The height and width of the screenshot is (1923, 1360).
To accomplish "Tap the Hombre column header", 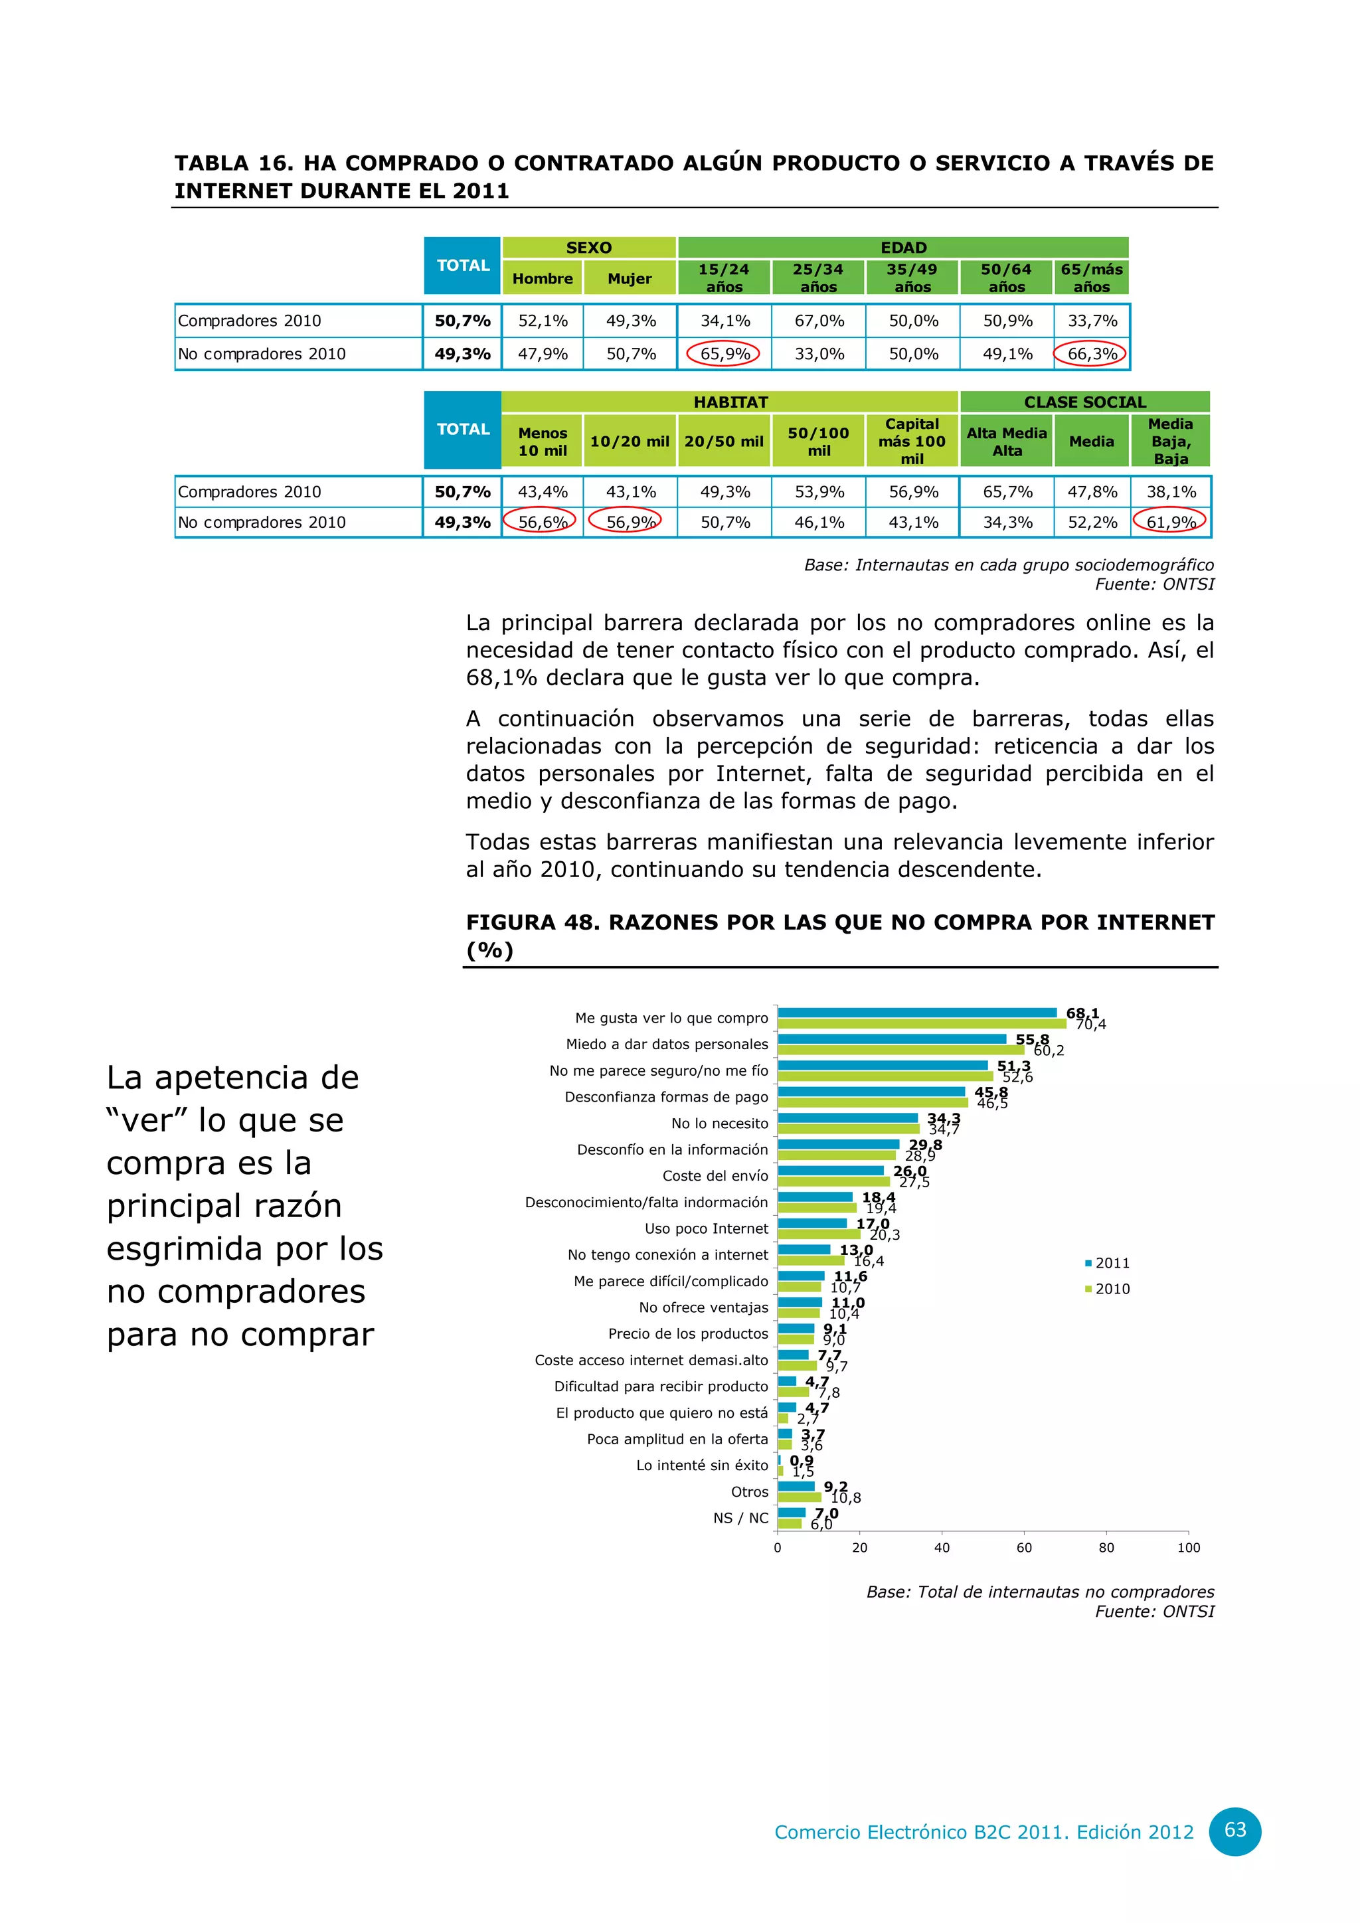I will [543, 279].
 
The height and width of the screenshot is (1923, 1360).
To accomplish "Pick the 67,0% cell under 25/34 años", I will [818, 321].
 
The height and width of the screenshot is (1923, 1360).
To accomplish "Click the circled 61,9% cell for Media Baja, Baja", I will [1170, 522].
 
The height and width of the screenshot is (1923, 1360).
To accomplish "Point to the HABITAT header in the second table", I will [730, 402].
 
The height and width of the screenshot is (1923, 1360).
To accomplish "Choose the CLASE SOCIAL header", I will [1084, 402].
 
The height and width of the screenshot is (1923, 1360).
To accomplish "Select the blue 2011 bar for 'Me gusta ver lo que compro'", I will [917, 1013].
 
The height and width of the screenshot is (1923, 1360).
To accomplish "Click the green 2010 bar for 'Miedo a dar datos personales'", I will [900, 1049].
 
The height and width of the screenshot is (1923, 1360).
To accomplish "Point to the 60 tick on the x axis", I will [1024, 1548].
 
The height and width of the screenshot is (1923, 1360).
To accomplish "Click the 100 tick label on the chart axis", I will [1188, 1548].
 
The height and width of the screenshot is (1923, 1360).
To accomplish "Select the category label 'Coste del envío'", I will [715, 1176].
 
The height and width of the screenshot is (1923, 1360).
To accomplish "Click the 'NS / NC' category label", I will [740, 1518].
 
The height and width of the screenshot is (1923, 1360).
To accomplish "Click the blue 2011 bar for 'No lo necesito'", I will [847, 1118].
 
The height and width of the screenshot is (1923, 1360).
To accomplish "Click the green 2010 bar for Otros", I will [799, 1497].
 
